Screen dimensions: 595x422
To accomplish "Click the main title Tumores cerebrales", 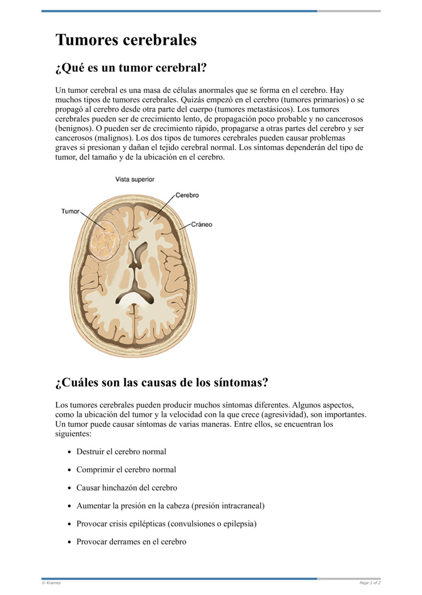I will pos(126,40).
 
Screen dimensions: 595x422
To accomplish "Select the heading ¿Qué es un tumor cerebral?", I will pos(130,68).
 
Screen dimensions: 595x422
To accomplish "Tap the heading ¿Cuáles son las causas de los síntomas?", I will pos(161,382).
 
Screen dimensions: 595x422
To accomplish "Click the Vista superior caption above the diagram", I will pos(135,180).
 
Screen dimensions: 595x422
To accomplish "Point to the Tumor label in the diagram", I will pos(70,211).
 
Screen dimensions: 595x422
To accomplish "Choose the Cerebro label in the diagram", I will pos(187,195).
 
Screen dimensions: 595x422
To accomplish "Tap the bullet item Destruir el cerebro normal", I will pos(121,452).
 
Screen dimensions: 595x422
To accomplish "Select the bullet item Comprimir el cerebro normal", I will pos(126,470).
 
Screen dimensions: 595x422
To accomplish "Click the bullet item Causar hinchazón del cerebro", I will pos(127,488).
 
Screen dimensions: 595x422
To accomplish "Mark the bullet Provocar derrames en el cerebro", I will pos(131,542).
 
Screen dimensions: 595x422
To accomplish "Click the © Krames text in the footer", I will pos(51,583).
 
